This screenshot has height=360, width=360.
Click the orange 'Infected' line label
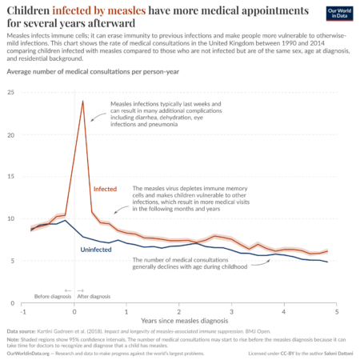pyautogui.click(x=106, y=190)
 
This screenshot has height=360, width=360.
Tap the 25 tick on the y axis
pyautogui.click(x=11, y=93)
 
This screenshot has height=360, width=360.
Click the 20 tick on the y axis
pyautogui.click(x=11, y=134)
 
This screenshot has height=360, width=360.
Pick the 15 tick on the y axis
pyautogui.click(x=11, y=177)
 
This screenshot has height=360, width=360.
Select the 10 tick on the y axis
pyautogui.click(x=11, y=218)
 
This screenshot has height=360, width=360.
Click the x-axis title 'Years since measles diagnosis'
pyautogui.click(x=180, y=319)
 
